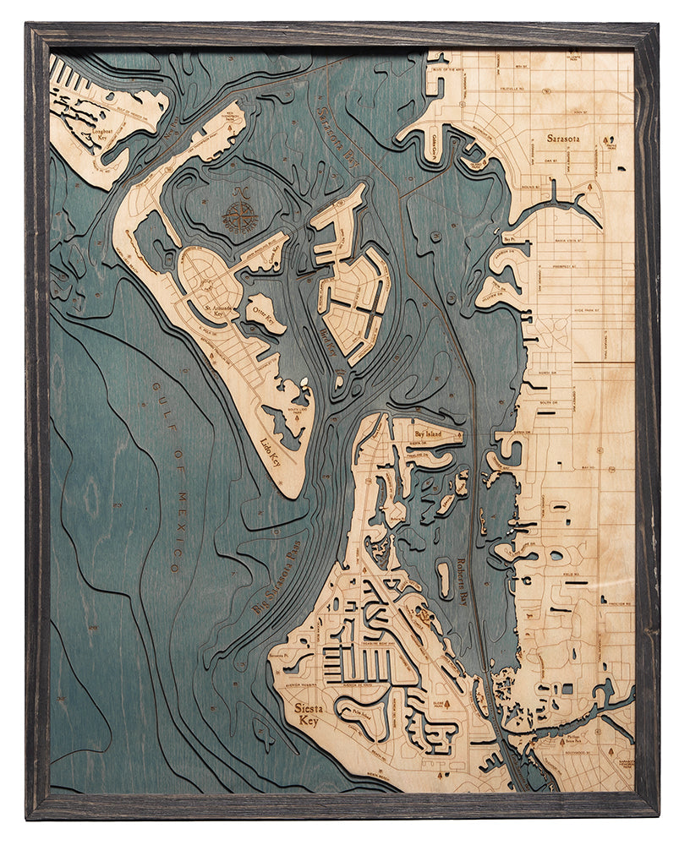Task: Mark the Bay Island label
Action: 430,433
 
